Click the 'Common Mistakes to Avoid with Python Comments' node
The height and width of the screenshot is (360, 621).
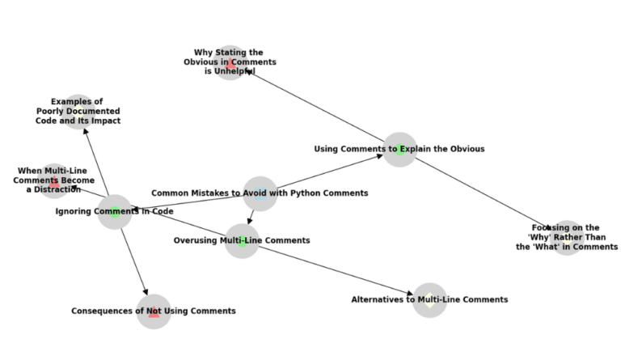point(260,193)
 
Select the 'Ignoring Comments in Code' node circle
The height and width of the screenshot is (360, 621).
point(115,212)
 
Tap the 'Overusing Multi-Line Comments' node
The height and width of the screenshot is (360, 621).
point(242,240)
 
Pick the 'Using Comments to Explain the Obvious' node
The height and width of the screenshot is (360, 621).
point(399,149)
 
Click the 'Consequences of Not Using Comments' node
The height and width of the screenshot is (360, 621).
point(154,311)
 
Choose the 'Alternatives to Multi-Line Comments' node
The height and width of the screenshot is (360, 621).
point(429,300)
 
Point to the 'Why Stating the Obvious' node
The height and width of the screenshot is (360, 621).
point(230,62)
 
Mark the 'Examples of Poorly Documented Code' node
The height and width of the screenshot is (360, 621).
point(78,111)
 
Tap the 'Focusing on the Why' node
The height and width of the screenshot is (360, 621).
point(566,238)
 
